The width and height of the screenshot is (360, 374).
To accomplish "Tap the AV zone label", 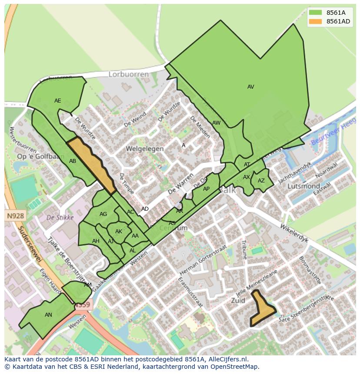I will (250, 87).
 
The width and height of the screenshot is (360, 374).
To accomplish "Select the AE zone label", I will (57, 101).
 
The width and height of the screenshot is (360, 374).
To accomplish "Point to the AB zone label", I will (73, 161).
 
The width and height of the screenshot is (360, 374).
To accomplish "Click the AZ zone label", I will (261, 181).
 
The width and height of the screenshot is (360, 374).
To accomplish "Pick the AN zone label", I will (48, 315).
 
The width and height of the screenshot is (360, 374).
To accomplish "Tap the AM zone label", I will (88, 285).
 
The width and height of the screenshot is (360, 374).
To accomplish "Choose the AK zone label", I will (118, 232).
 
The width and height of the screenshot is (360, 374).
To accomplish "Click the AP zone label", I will (206, 189).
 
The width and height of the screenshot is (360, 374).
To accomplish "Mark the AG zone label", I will (103, 214).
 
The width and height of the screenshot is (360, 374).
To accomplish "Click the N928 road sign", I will (16, 215).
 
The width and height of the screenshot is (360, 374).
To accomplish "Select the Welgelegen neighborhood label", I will (145, 149).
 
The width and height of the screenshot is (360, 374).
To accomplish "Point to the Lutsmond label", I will (304, 186).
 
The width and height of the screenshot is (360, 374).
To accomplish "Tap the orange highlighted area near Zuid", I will (261, 309).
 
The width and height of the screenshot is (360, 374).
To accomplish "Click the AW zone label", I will (216, 123).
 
